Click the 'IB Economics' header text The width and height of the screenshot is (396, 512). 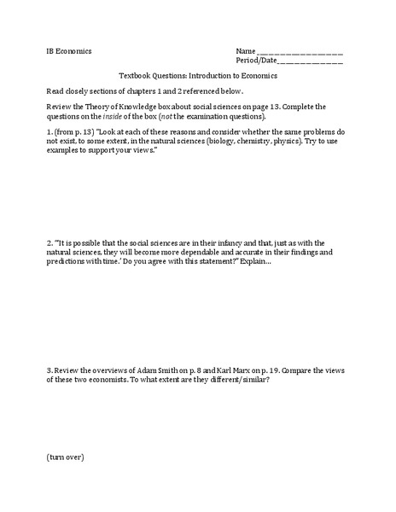point(70,51)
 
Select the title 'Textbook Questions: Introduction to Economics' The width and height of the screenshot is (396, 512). point(199,75)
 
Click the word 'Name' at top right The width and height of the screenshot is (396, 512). point(246,51)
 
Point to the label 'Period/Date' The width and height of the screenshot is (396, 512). point(257,61)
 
